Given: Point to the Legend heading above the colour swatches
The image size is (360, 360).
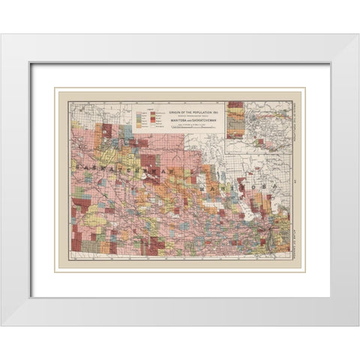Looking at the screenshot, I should click(149, 108).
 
